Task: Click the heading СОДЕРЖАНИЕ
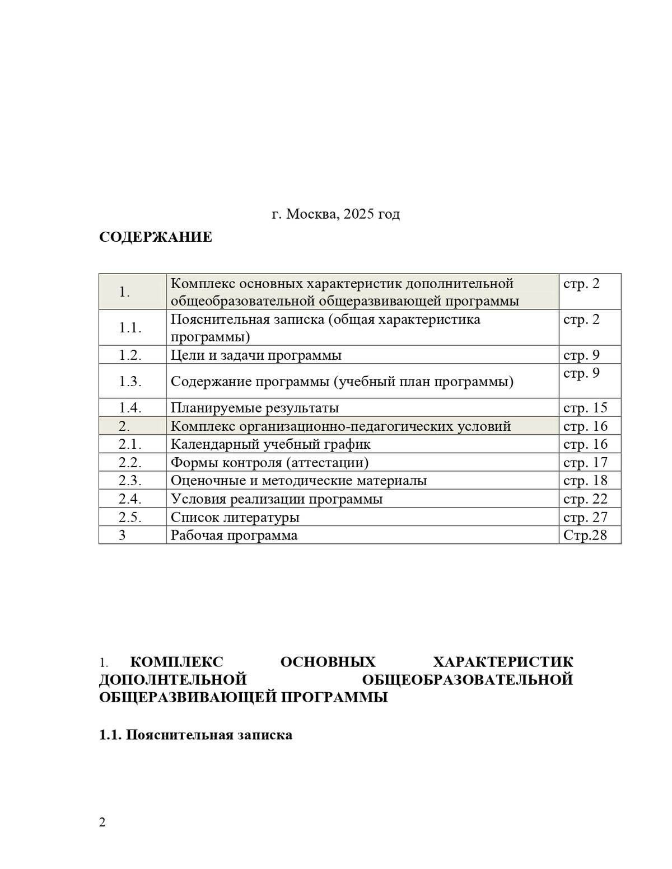coord(156,237)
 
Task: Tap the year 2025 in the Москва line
coord(360,214)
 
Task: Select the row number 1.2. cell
coord(130,355)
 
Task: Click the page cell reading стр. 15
coord(585,408)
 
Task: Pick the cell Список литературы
coord(235,517)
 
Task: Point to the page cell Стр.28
coord(585,536)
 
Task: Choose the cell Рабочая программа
coord(234,536)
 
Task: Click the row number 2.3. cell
coord(130,481)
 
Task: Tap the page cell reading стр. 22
coord(585,499)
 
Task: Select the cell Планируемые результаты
coord(255,408)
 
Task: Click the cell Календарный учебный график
coord(270,444)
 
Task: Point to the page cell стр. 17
coord(585,462)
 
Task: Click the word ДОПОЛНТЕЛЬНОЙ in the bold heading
coord(173,680)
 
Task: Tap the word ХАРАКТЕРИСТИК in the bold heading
coord(503,662)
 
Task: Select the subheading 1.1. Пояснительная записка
coord(195,735)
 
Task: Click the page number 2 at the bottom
coord(102,823)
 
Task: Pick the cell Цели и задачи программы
coord(256,355)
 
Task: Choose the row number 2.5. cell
coord(130,517)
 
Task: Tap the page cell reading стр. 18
coord(585,481)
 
